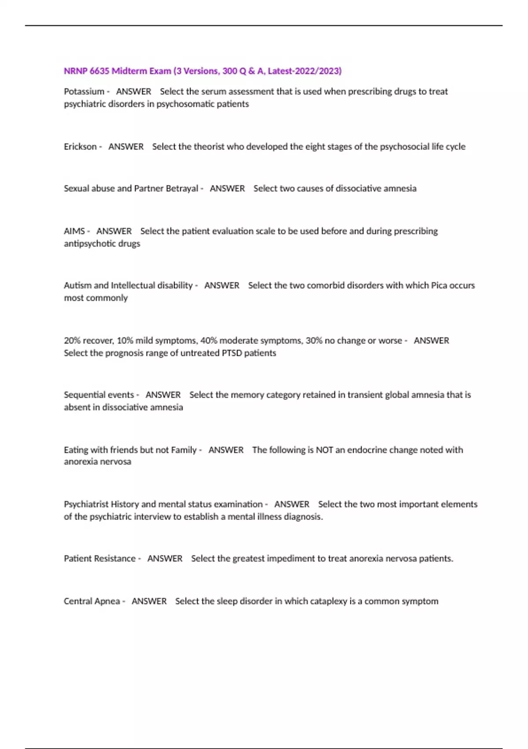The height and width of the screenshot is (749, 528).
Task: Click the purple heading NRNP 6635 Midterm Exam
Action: tap(202, 71)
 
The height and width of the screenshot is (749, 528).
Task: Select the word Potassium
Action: tap(84, 92)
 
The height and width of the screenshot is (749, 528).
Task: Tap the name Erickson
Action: tap(80, 147)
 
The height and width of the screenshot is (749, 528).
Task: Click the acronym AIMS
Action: tap(74, 231)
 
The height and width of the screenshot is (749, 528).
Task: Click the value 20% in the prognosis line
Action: tap(72, 341)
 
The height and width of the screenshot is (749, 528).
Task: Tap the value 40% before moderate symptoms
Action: tap(209, 341)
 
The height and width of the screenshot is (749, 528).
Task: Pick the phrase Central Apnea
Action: tap(92, 601)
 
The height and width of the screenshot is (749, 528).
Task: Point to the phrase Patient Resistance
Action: tap(99, 559)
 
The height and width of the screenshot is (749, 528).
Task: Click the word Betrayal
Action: tap(182, 189)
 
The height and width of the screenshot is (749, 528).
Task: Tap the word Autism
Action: tap(77, 286)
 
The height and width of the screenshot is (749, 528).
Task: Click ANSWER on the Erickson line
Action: tap(126, 147)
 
